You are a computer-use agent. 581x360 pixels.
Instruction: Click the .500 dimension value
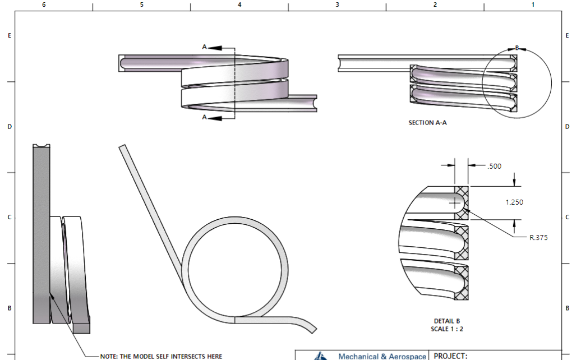click(x=494, y=166)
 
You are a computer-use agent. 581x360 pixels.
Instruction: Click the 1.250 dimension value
click(x=514, y=202)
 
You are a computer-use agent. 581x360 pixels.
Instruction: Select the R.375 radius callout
click(x=539, y=238)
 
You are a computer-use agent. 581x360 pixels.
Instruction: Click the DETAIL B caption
click(x=447, y=321)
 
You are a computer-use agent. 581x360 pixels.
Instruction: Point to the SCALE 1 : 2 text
click(x=447, y=329)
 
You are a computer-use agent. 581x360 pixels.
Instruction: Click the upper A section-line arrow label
click(x=205, y=48)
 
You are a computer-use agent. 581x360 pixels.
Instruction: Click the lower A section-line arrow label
click(x=205, y=117)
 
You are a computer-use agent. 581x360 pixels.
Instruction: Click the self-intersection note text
click(x=161, y=356)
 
